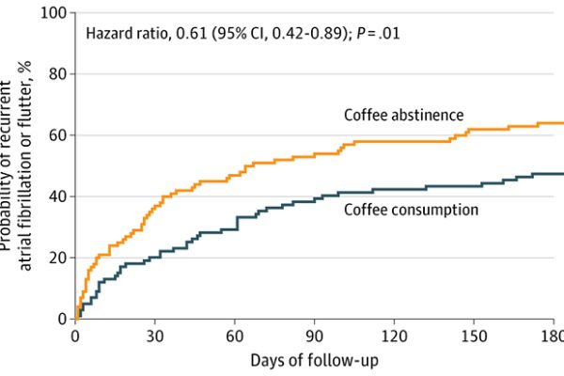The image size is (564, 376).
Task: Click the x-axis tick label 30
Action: [155, 336]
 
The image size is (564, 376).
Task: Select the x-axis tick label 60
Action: [235, 336]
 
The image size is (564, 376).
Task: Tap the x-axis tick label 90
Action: [315, 336]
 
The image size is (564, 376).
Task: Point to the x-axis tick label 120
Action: [395, 336]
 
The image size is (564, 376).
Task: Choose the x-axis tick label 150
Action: [475, 336]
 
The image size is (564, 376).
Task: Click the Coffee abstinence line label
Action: [404, 115]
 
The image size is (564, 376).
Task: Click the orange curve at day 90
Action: [315, 153]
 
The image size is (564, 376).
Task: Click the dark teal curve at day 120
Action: [395, 188]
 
